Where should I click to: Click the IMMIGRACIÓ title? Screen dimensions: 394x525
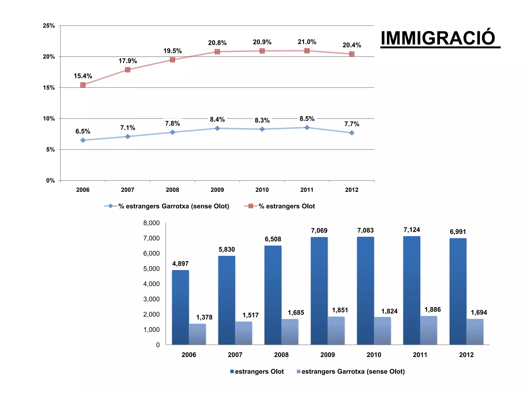point(438,38)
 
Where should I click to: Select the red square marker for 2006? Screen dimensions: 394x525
point(83,85)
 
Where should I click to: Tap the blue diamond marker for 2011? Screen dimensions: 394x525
point(307,127)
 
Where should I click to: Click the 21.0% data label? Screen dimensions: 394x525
point(307,42)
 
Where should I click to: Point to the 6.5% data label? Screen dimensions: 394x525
point(83,131)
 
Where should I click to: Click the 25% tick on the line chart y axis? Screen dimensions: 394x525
point(49,26)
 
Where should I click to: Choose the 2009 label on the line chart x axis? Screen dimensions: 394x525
point(217,190)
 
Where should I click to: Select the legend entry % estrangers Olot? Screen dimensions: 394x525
point(286,206)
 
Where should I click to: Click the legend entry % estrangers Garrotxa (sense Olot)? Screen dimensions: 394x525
point(174,206)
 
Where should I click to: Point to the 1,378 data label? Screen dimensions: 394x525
point(204,317)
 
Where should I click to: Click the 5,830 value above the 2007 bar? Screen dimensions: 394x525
point(227,249)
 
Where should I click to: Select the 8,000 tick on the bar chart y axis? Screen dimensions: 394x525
point(152,223)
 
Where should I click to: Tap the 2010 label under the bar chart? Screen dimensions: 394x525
point(374,355)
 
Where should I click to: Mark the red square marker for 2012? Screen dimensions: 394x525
point(352,54)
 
